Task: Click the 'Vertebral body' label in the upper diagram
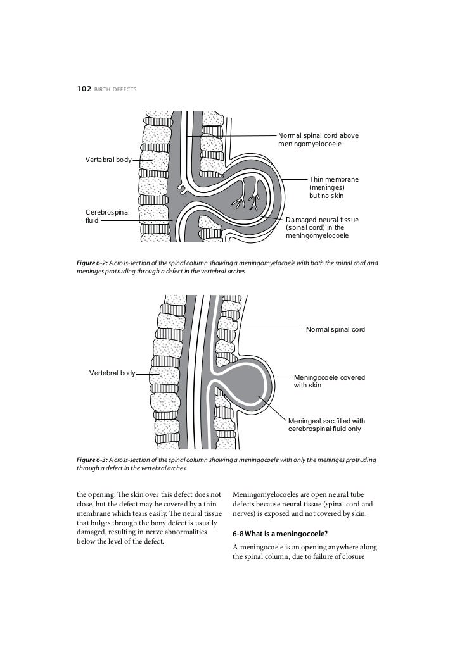pos(108,160)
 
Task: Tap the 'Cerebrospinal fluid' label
pos(106,216)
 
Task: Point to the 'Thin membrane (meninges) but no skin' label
pos(333,187)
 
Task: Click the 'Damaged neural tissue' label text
pos(322,219)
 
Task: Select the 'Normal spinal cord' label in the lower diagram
pos(335,329)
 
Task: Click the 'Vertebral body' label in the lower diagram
pos(112,373)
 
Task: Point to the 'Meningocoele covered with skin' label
pos(329,381)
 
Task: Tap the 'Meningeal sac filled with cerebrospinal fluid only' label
pos(326,425)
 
